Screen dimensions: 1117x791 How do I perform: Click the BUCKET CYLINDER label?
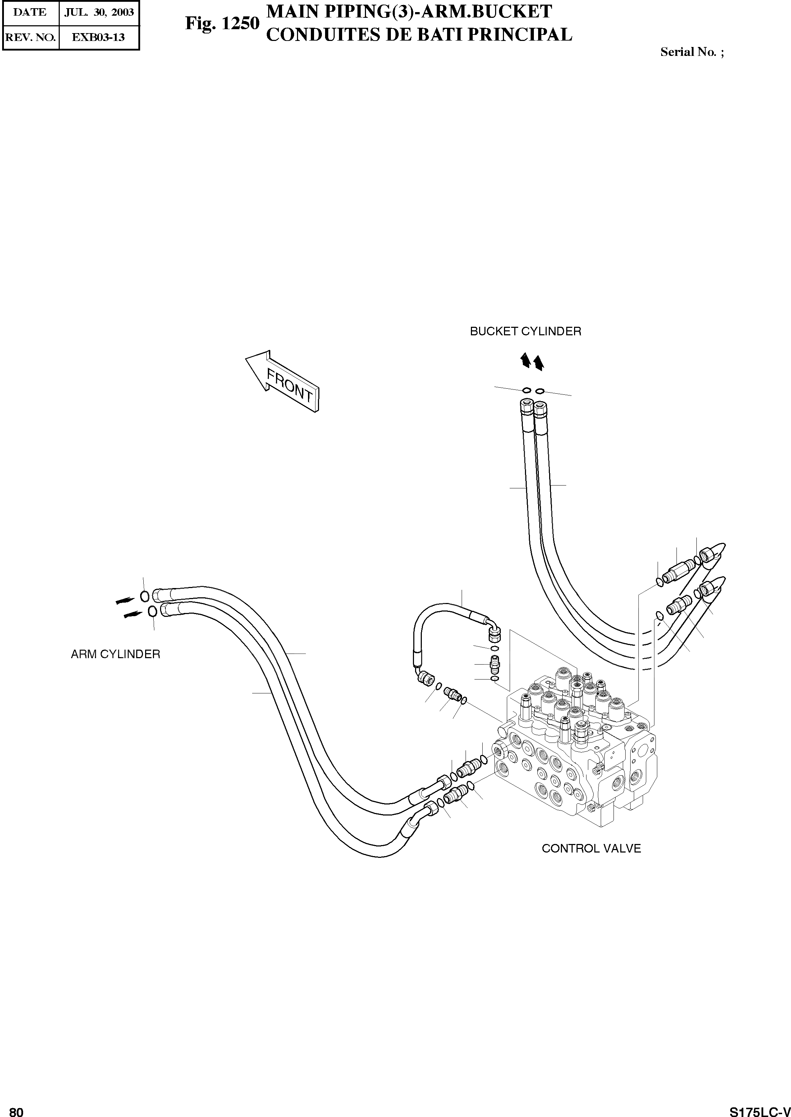click(525, 331)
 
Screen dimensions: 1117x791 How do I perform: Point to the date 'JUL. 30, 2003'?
click(99, 12)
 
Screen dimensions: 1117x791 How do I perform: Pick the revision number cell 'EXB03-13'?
click(99, 37)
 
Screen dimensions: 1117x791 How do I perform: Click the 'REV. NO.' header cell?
click(30, 37)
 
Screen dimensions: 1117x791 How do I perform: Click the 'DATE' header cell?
click(30, 12)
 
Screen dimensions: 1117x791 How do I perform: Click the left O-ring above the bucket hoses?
click(526, 390)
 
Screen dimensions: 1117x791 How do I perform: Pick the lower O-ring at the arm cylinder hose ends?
click(152, 611)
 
